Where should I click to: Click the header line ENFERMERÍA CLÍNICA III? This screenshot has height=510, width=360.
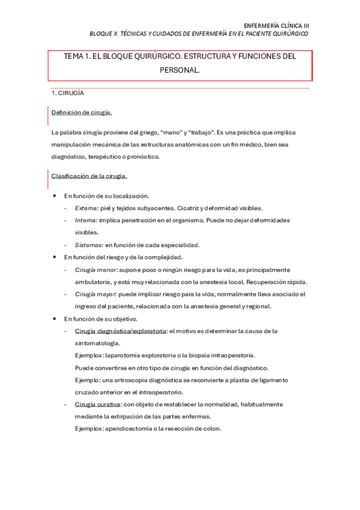tap(276, 25)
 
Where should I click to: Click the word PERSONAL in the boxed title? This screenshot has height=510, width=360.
tap(180, 70)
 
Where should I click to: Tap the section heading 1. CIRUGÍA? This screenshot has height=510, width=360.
tap(67, 93)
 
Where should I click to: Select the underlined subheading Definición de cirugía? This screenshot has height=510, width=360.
tap(81, 112)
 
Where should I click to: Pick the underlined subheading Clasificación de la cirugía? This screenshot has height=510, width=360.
tap(88, 176)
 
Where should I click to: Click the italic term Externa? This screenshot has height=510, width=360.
tap(87, 208)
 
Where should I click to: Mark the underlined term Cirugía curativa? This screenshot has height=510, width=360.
tap(97, 404)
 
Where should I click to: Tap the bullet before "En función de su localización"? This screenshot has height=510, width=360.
tap(55, 196)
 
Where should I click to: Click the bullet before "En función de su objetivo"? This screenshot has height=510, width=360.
tap(55, 319)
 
